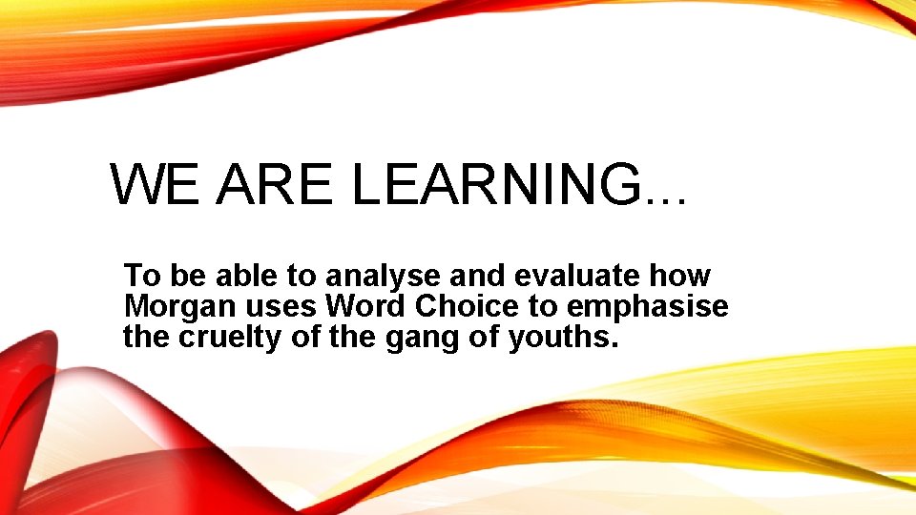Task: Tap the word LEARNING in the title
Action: point(495,184)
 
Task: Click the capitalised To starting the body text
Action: point(141,277)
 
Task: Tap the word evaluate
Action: point(577,277)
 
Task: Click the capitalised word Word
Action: point(361,307)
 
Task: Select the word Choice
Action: point(457,307)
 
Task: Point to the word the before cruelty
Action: point(144,338)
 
